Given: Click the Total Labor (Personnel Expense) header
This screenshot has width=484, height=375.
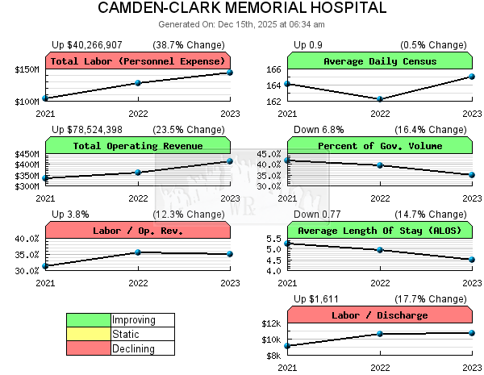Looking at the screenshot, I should pyautogui.click(x=138, y=61).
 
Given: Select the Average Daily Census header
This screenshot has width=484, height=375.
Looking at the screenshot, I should pyautogui.click(x=380, y=61).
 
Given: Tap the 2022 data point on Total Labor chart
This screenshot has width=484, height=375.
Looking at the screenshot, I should pyautogui.click(x=138, y=83).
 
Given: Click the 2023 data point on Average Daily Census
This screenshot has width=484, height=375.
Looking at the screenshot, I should pyautogui.click(x=472, y=77).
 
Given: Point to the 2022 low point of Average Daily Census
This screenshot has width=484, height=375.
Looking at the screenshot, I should pyautogui.click(x=380, y=99).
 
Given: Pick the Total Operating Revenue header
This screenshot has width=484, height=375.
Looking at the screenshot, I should pyautogui.click(x=138, y=146).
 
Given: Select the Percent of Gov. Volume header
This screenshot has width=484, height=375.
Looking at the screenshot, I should pyautogui.click(x=380, y=146).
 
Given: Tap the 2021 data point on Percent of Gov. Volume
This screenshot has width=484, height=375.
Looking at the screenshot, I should pyautogui.click(x=288, y=160).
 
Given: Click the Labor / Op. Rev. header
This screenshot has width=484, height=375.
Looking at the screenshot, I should pyautogui.click(x=138, y=231).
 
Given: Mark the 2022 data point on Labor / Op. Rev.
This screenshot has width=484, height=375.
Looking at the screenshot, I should pyautogui.click(x=138, y=252).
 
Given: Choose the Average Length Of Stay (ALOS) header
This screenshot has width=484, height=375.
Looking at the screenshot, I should pyautogui.click(x=380, y=231).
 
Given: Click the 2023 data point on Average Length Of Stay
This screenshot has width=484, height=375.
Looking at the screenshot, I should pyautogui.click(x=472, y=260).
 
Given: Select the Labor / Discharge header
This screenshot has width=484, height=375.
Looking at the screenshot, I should pyautogui.click(x=380, y=315).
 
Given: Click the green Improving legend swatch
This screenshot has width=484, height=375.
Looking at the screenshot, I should pyautogui.click(x=89, y=320).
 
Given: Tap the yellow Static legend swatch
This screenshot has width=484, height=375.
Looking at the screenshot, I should pyautogui.click(x=89, y=334).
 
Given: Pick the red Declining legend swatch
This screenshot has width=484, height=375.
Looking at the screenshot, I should pyautogui.click(x=89, y=348).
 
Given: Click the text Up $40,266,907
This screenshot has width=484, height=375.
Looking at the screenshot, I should pyautogui.click(x=87, y=44).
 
